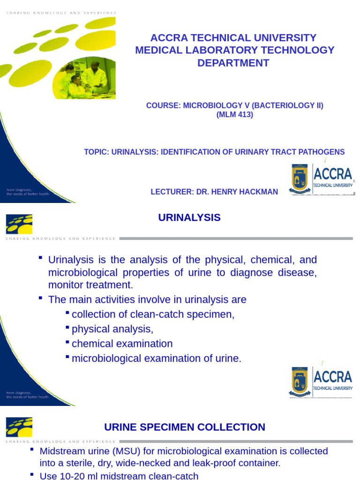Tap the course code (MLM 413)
pyautogui.click(x=234, y=115)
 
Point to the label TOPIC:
pyautogui.click(x=97, y=152)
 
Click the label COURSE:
pyautogui.click(x=163, y=105)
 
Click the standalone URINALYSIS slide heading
pyautogui.click(x=189, y=217)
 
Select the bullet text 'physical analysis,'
pyautogui.click(x=112, y=329)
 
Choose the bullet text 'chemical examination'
pyautogui.click(x=122, y=344)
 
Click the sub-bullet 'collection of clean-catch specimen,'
pyautogui.click(x=153, y=314)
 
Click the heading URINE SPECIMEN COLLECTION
pyautogui.click(x=184, y=427)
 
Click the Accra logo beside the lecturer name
pyautogui.click(x=322, y=180)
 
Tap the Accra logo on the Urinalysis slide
pyautogui.click(x=320, y=381)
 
